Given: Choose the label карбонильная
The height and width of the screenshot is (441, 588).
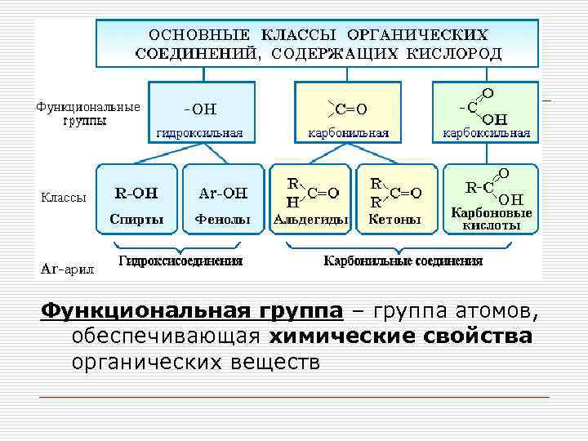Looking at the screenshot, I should (x=348, y=133).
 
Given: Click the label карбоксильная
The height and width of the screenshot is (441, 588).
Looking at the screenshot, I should (x=486, y=133).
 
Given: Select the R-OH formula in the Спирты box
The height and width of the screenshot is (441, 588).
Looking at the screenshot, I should (x=136, y=194).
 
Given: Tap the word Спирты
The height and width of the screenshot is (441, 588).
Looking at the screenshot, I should (x=136, y=219).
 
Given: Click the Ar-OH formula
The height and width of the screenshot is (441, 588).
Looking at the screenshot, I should (x=223, y=194).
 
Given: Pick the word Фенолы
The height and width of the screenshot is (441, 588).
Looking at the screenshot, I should (x=222, y=219).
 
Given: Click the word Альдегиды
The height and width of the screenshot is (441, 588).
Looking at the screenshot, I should (x=310, y=219).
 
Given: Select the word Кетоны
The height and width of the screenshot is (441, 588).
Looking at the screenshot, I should (x=394, y=219).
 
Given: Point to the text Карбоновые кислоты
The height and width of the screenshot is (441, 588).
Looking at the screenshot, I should (x=492, y=218).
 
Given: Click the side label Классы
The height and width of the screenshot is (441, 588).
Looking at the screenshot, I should (x=63, y=196).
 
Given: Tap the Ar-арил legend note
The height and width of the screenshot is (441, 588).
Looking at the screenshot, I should (x=67, y=267).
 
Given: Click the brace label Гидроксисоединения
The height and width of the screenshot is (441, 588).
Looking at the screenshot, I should (x=180, y=261).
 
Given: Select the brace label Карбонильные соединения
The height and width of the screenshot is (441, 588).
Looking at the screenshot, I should (x=403, y=261).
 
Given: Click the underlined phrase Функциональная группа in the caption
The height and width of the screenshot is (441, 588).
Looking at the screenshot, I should (x=192, y=311).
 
